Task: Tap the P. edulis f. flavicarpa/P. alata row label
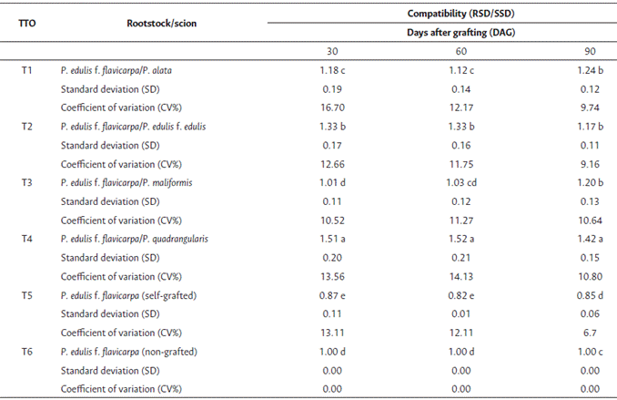(x=126, y=70)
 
